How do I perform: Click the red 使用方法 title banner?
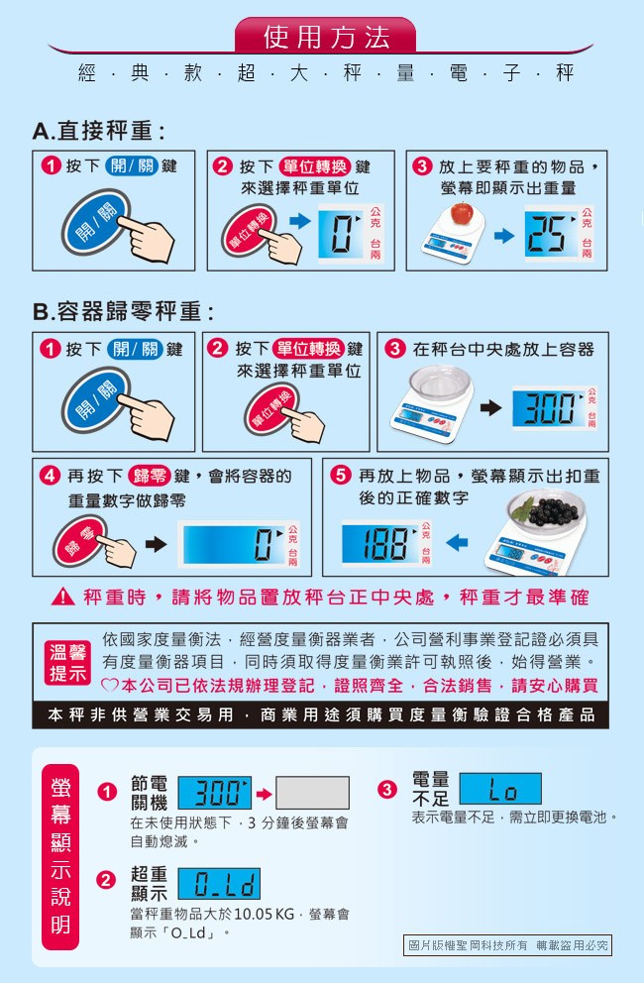click(x=325, y=36)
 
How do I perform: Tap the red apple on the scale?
click(x=462, y=213)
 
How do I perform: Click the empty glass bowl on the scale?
click(x=440, y=382)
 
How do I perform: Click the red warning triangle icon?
click(x=63, y=597)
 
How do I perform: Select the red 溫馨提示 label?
click(x=67, y=663)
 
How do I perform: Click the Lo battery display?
click(x=499, y=789)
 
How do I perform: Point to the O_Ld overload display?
click(x=219, y=884)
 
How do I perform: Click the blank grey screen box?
click(x=312, y=793)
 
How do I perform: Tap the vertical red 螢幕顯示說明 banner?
click(x=60, y=857)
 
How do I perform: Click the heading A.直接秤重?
click(x=99, y=131)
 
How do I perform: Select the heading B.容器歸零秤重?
click(x=124, y=311)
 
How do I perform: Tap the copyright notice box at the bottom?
click(x=507, y=944)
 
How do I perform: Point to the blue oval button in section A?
click(x=96, y=223)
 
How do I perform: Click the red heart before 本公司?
click(x=110, y=685)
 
